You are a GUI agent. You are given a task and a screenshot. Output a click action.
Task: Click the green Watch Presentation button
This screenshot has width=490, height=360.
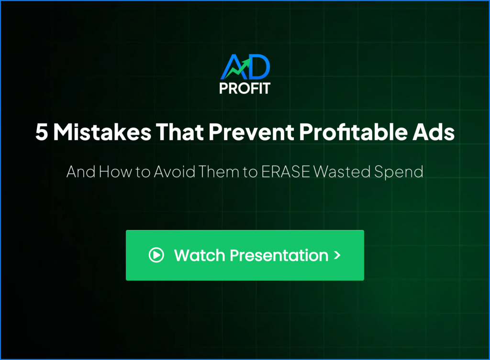click(x=245, y=255)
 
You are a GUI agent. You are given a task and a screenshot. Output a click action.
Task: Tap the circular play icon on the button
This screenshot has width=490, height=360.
click(x=156, y=255)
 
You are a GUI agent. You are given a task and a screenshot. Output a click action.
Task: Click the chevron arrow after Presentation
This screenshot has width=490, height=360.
click(x=337, y=255)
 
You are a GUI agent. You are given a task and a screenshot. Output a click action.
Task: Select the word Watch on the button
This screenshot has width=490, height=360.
click(x=200, y=255)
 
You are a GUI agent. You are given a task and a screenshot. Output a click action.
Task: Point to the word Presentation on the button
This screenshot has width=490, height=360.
click(x=279, y=255)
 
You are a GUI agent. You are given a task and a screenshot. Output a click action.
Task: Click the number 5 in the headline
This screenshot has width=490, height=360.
click(x=42, y=132)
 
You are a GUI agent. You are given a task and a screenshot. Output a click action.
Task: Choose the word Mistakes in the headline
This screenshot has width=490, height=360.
click(x=102, y=132)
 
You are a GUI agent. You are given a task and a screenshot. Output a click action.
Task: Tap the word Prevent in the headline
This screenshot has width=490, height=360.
click(x=251, y=132)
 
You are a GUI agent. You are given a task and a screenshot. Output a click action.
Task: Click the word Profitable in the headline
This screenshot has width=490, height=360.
click(x=353, y=131)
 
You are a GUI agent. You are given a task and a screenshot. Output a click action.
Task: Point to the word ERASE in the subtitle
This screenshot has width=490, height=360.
click(x=285, y=172)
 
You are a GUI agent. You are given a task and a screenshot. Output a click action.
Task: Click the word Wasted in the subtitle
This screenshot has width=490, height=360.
click(x=342, y=172)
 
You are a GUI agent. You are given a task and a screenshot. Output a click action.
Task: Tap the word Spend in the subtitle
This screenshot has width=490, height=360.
click(x=399, y=173)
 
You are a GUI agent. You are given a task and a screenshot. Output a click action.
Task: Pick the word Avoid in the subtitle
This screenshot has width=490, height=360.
click(x=175, y=172)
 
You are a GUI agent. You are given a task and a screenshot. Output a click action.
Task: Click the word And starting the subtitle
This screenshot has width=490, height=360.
click(x=80, y=172)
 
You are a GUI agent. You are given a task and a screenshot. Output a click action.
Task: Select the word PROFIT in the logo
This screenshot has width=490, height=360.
click(x=245, y=88)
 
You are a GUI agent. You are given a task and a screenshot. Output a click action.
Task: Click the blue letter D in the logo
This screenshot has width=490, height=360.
click(x=258, y=66)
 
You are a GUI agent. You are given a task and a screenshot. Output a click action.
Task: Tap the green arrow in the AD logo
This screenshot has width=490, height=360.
click(x=237, y=69)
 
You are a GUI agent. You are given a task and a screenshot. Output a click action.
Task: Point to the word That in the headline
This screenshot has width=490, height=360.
click(x=180, y=132)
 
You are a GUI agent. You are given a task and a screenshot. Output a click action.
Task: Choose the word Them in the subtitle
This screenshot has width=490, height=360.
click(x=218, y=172)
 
